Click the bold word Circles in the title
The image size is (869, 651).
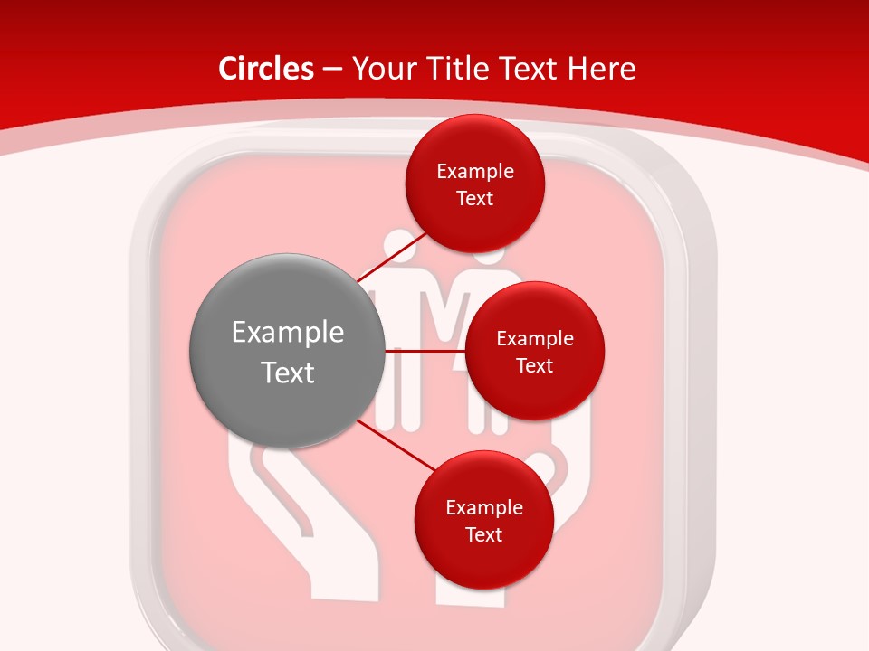point(266,69)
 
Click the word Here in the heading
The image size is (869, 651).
point(602,69)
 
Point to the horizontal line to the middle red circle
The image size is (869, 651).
point(425,350)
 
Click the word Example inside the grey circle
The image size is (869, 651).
point(287,333)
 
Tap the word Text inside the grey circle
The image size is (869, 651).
point(287,373)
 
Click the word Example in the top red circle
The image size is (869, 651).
point(474,171)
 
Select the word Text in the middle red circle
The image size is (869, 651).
point(534,365)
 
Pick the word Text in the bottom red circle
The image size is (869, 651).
point(483,534)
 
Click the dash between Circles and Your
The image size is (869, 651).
point(332,69)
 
